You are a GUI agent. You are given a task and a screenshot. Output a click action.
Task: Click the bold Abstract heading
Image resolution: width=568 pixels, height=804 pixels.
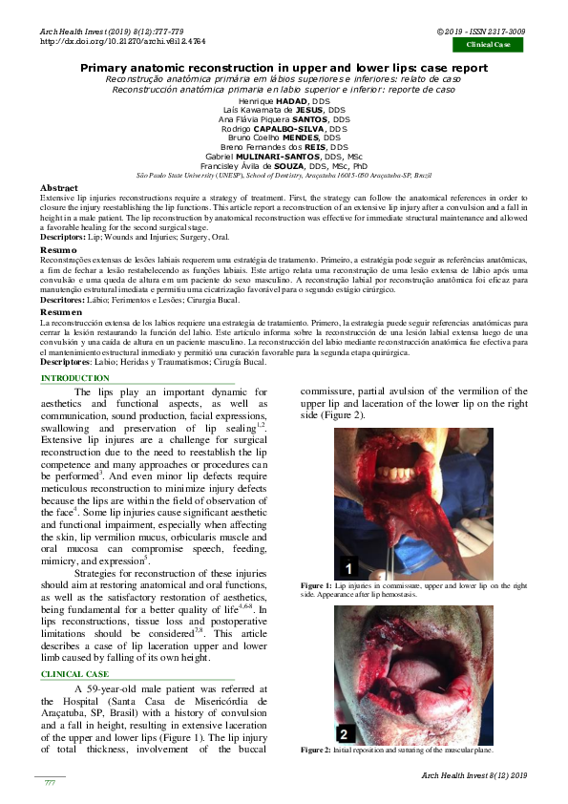click(x=59, y=189)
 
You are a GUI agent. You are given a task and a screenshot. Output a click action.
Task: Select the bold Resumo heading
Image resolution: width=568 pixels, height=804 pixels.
click(x=58, y=248)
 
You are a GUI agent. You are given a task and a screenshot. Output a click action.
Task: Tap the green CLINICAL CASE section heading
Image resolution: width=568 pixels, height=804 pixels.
click(x=75, y=674)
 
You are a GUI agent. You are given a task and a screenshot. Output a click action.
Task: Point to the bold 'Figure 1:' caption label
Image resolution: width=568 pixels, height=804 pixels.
click(x=316, y=583)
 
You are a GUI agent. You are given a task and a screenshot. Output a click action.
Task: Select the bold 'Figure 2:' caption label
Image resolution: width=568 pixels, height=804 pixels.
click(x=316, y=751)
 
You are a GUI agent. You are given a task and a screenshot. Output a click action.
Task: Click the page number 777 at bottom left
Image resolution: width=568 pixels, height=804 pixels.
click(x=50, y=782)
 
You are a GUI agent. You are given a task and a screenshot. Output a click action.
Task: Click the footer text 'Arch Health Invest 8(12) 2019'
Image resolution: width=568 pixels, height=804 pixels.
click(x=473, y=774)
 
